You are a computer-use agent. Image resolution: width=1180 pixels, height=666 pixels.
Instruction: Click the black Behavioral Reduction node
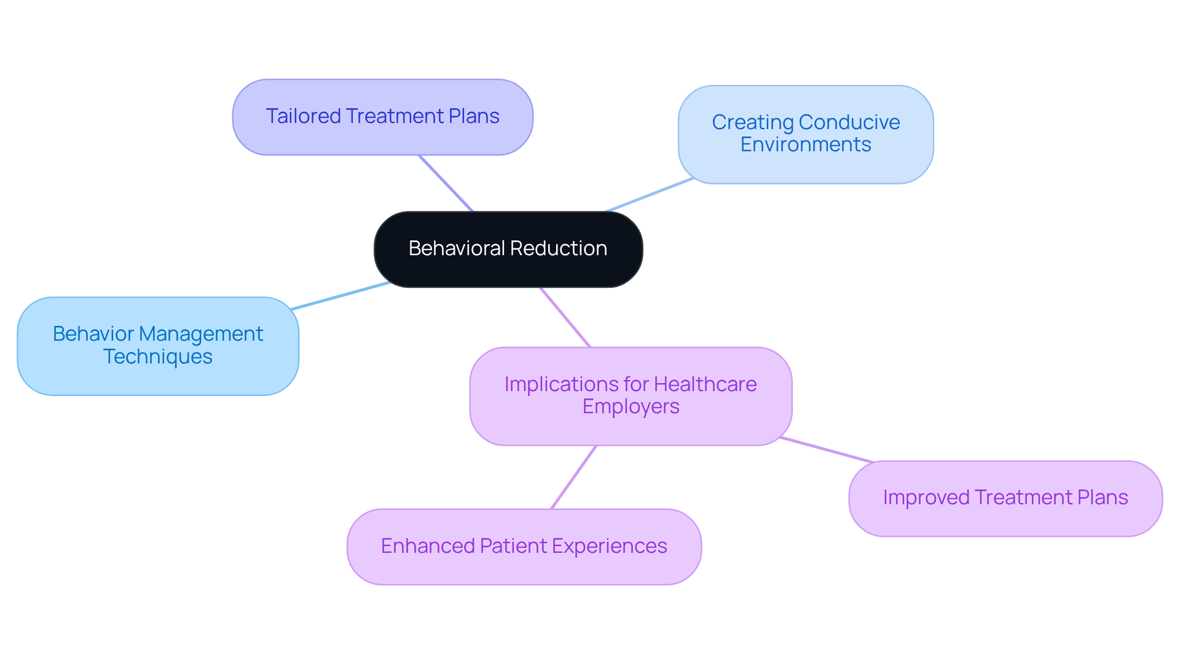[x=508, y=249]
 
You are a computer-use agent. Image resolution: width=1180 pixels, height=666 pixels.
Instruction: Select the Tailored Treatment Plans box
[x=382, y=117]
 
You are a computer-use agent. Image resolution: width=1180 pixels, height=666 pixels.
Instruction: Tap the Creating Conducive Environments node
[x=805, y=134]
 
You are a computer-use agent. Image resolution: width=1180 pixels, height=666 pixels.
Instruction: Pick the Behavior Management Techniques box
[x=158, y=346]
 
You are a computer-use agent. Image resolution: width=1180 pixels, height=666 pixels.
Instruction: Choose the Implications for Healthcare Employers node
[x=631, y=396]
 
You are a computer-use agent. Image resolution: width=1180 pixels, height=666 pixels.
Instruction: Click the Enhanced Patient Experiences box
[x=524, y=546]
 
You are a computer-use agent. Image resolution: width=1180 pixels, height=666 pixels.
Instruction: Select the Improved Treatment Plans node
[x=1005, y=498]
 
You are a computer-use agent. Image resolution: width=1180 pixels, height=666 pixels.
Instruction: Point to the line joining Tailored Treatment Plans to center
[x=446, y=183]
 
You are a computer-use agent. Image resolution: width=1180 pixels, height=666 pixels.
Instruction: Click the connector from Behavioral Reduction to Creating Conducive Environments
[x=650, y=195]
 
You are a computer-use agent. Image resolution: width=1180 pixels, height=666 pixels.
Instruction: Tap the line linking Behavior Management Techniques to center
[x=340, y=296]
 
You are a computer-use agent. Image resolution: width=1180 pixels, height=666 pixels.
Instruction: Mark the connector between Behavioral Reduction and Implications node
[x=565, y=317]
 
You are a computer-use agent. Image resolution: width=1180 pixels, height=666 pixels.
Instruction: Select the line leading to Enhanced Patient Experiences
[x=573, y=477]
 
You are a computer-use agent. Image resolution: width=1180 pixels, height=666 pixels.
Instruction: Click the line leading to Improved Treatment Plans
[x=827, y=450]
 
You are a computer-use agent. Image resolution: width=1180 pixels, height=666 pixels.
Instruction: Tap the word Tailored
[x=303, y=116]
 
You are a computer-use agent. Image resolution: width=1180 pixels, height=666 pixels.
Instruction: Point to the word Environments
[x=805, y=145]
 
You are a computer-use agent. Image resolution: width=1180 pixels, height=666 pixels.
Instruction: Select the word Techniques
[x=158, y=357]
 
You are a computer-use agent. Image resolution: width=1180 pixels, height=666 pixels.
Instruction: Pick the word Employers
[x=631, y=407]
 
